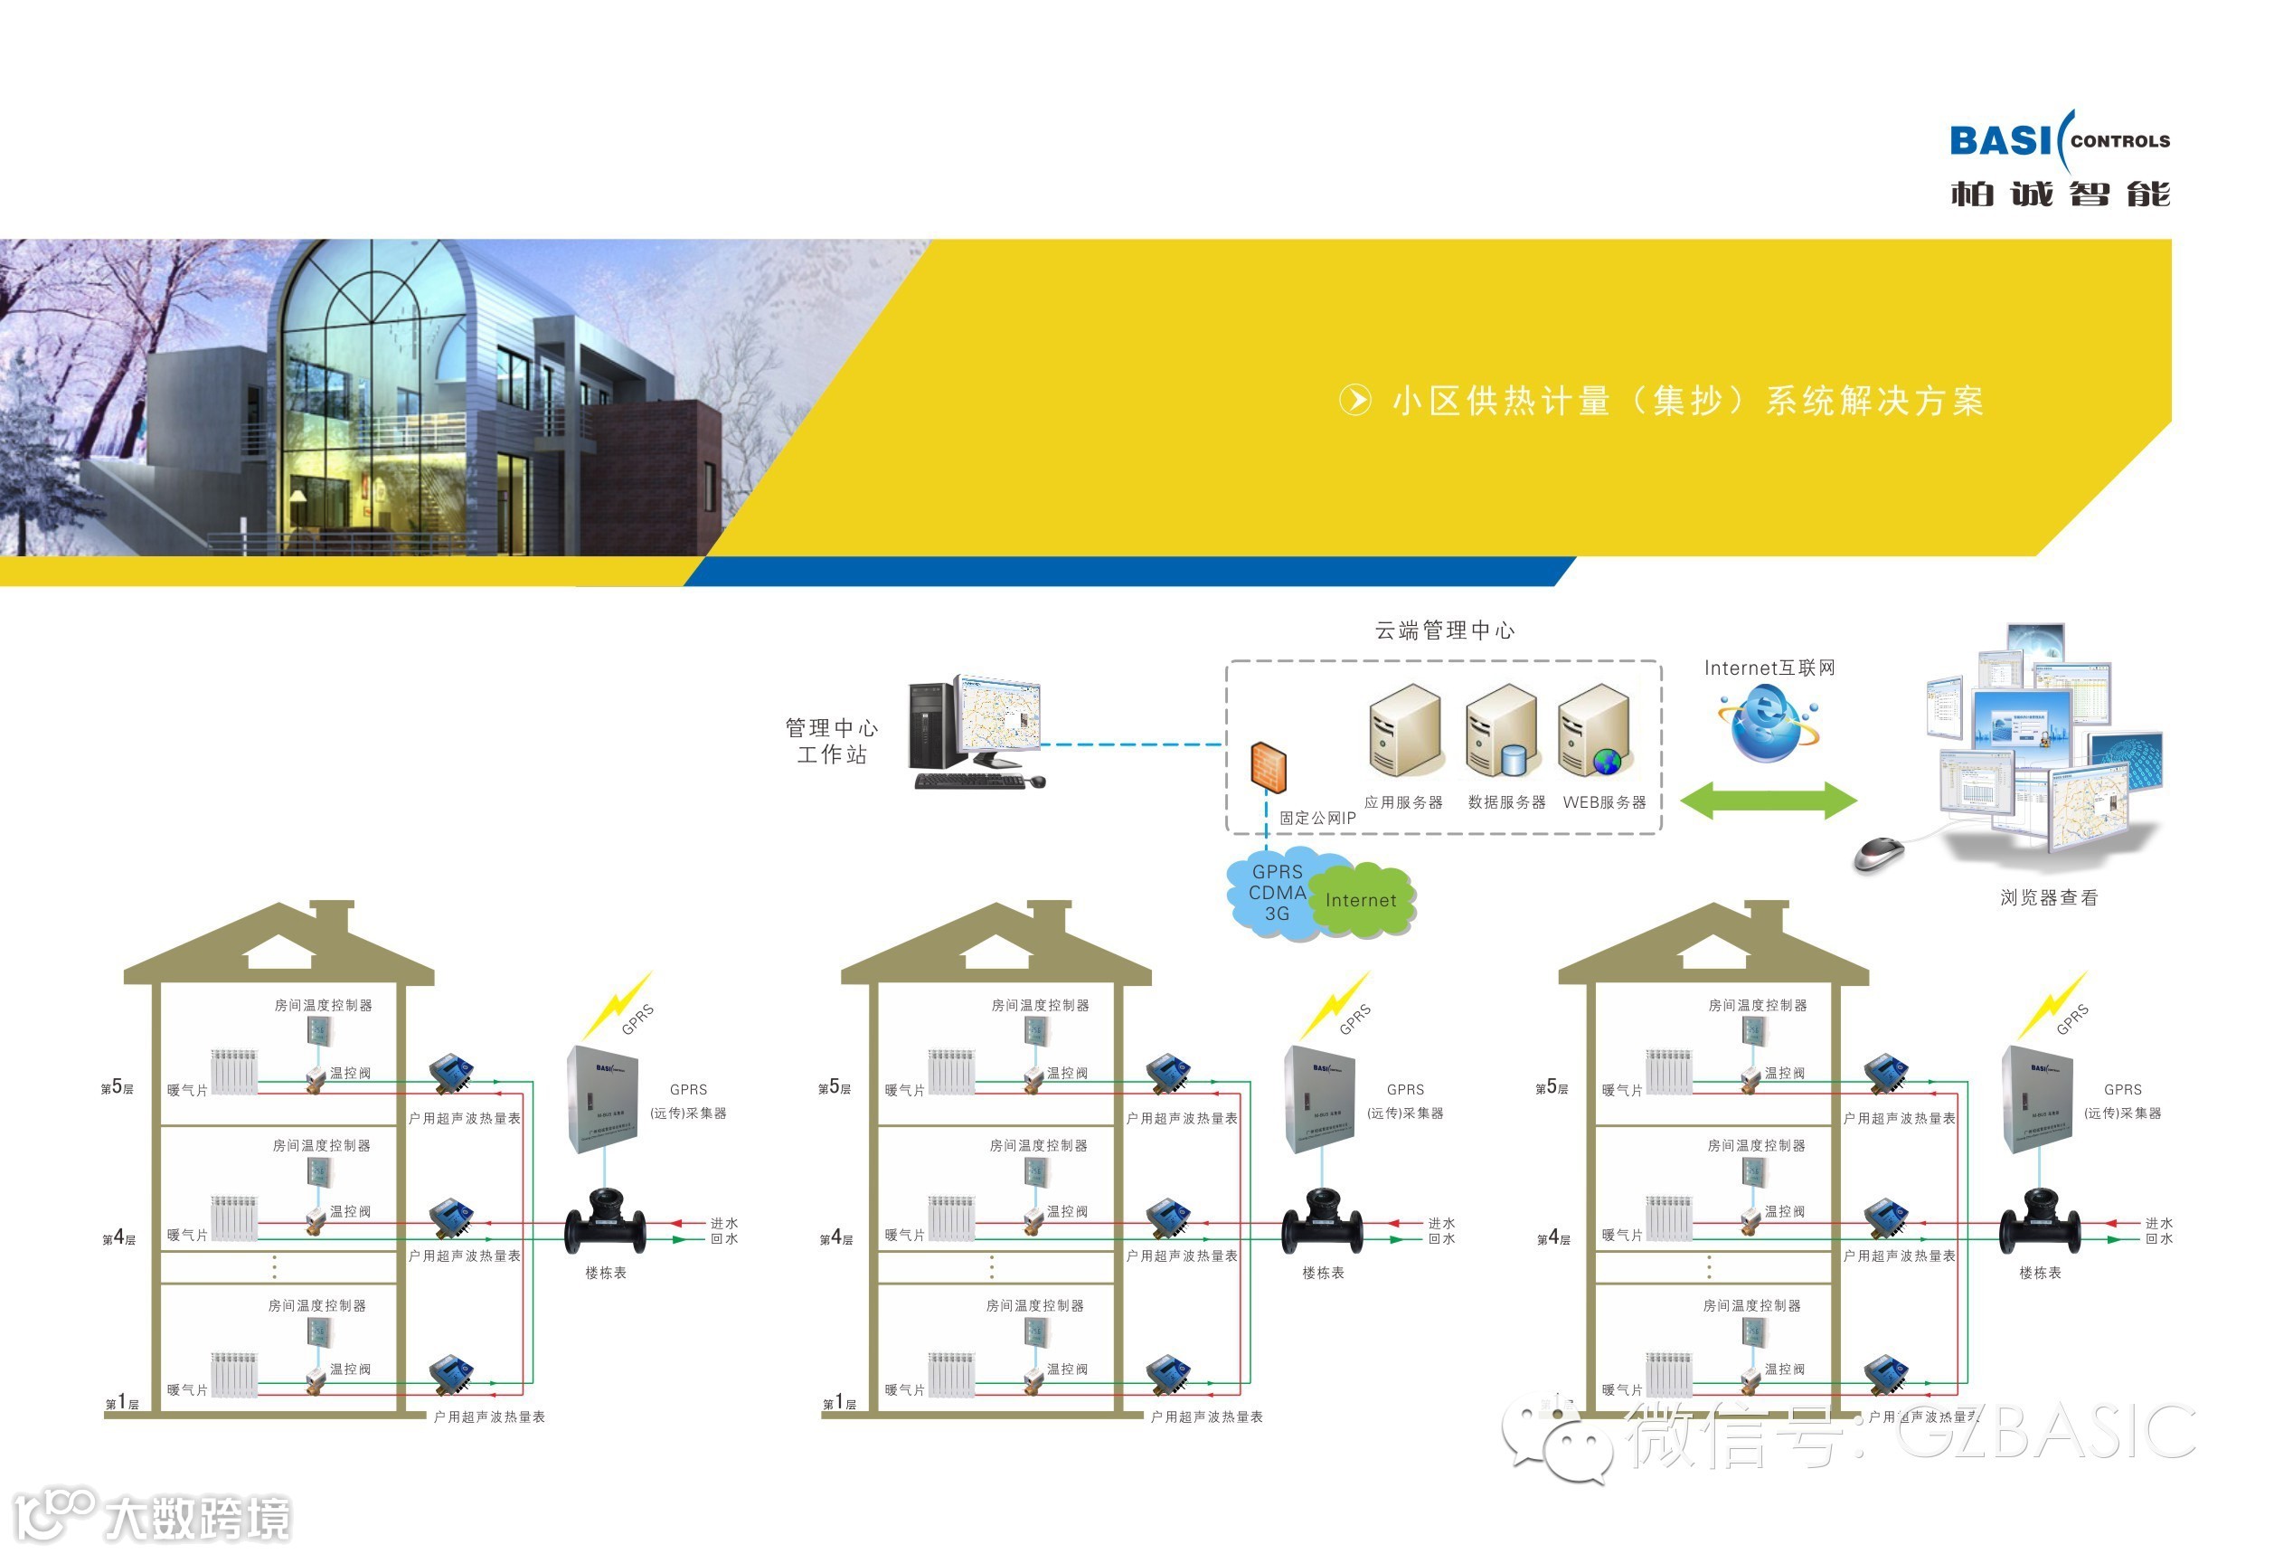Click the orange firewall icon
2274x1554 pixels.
pyautogui.click(x=1269, y=767)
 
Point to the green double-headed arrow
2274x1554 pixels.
pyautogui.click(x=1769, y=801)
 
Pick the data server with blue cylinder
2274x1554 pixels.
pyautogui.click(x=1502, y=731)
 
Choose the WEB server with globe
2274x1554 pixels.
pyautogui.click(x=1594, y=731)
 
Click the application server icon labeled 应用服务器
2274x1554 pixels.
pyautogui.click(x=1405, y=731)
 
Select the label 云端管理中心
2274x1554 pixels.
pyautogui.click(x=1444, y=631)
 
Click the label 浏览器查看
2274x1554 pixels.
pyautogui.click(x=2048, y=897)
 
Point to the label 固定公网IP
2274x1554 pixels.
pyautogui.click(x=1317, y=818)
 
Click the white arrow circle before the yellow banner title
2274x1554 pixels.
pyautogui.click(x=1355, y=400)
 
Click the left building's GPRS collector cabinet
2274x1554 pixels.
pyautogui.click(x=602, y=1098)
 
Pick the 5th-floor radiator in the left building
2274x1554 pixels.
pyautogui.click(x=235, y=1072)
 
